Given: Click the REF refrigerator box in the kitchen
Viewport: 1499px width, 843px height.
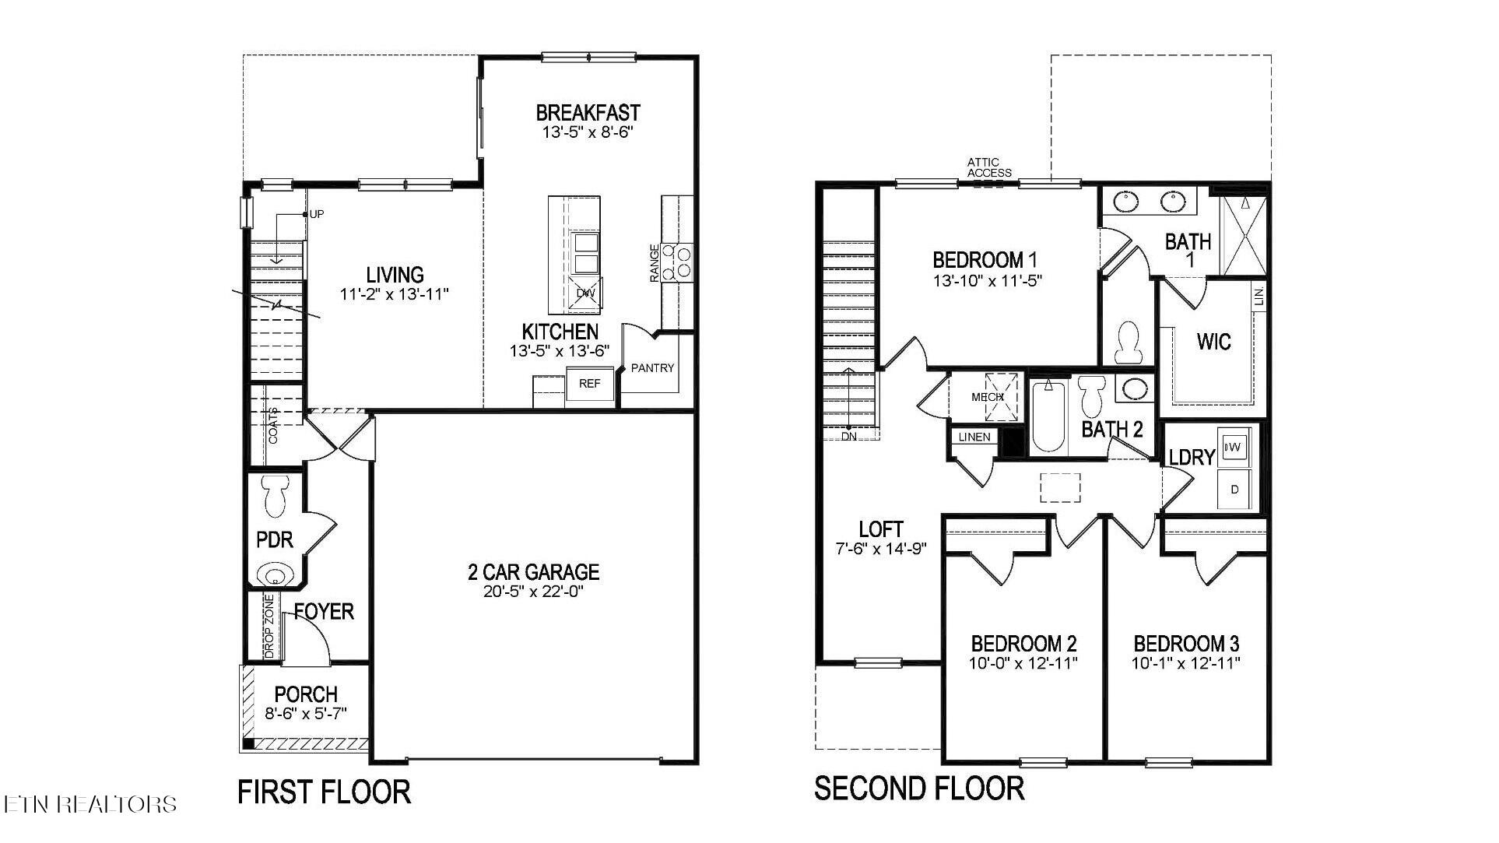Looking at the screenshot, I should (590, 384).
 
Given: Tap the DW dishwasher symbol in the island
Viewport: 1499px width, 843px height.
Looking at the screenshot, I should (585, 293).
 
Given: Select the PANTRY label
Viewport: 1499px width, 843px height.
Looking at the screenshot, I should (652, 368).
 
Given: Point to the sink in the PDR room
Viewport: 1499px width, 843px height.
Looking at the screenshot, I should (275, 577).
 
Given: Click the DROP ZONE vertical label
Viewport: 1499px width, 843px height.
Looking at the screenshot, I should (269, 627).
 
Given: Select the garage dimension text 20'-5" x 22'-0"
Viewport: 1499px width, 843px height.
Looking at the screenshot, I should (533, 592).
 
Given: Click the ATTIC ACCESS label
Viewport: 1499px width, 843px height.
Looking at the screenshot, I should (989, 167).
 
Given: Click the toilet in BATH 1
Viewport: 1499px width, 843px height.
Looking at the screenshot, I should (1126, 342).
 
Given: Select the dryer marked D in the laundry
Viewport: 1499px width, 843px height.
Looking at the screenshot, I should (1234, 490).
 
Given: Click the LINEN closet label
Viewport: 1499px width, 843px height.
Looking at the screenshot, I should (974, 437).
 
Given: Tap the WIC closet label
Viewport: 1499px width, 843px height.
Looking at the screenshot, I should (1213, 342).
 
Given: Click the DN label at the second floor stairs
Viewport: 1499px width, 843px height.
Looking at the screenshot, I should (848, 437).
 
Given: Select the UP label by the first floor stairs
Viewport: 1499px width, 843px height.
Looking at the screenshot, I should (317, 214).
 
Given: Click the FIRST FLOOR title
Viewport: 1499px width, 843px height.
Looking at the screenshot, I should (324, 792).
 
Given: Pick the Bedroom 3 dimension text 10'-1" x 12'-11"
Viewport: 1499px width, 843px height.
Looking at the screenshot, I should (1185, 664).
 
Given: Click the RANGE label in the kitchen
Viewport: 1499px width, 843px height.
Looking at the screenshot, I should (655, 263).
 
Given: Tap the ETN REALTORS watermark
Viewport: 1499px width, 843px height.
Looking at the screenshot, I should (90, 804).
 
